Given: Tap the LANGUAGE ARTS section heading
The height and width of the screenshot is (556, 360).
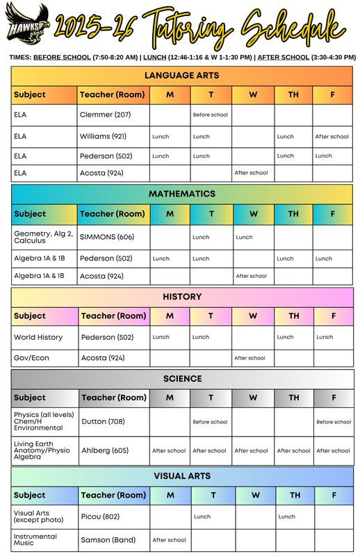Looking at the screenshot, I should point(181,75).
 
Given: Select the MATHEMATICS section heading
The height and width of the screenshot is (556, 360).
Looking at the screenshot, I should point(181,194).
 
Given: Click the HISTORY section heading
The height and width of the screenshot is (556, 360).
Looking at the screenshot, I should point(181,297).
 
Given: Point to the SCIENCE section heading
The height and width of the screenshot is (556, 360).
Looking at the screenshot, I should point(181,379).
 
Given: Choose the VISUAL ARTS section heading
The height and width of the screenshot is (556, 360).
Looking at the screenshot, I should point(181,476).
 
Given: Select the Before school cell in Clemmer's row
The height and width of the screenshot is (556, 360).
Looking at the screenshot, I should point(210,115).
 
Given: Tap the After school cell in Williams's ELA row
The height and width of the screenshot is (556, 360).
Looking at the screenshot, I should point(332,137).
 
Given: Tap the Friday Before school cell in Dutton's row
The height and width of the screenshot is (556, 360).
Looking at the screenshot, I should point(333,422).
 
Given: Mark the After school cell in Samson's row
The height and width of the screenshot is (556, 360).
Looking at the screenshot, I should point(169,540).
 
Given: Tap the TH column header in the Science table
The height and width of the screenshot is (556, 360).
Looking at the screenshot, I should point(294,398).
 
